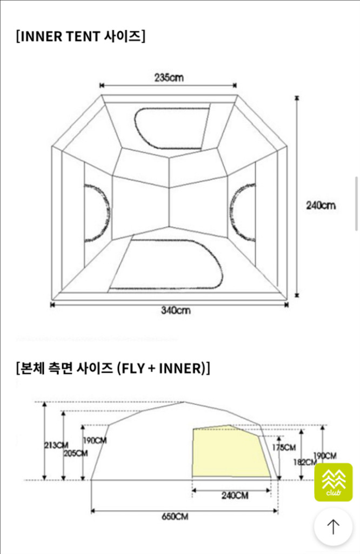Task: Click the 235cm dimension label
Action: coord(169,77)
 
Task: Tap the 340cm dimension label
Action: coord(176,310)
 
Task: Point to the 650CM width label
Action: coord(175,516)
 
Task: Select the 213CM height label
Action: coord(56,445)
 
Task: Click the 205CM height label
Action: coord(76,453)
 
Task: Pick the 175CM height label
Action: coord(284,447)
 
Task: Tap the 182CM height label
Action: coord(305,462)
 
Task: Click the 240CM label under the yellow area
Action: coord(235,496)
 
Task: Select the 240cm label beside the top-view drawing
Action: coord(321,205)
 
